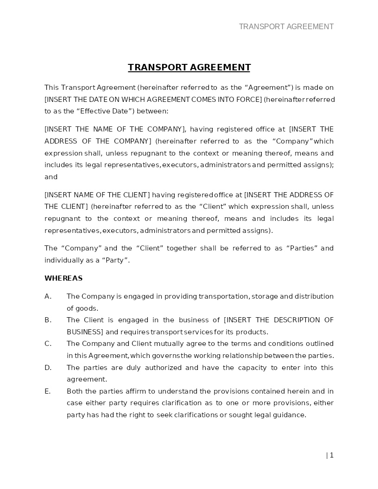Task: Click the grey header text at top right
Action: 286,26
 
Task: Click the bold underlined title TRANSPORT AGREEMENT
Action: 189,67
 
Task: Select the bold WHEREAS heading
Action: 63,278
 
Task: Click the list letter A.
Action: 48,296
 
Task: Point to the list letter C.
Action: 48,344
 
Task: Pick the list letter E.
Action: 47,391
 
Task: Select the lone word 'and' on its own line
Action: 51,177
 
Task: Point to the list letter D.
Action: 48,368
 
